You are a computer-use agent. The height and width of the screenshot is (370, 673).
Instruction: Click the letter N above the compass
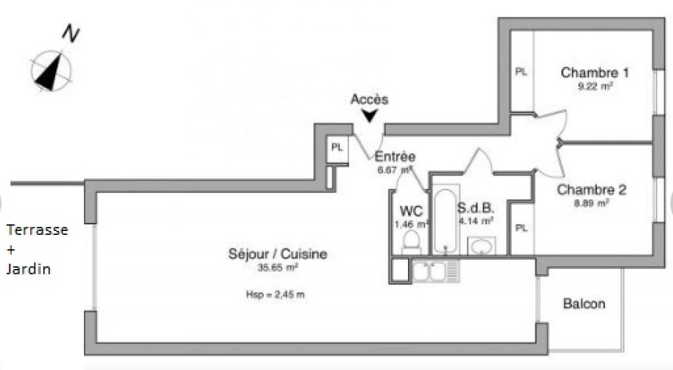(x=71, y=33)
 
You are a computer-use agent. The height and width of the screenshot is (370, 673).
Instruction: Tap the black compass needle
(x=49, y=73)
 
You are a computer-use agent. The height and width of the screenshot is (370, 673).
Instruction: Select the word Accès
(x=369, y=99)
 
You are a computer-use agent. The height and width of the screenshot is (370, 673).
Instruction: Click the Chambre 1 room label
(x=594, y=73)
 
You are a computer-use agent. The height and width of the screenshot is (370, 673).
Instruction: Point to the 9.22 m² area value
(x=595, y=87)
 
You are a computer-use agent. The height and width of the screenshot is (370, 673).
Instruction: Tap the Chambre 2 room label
(x=591, y=190)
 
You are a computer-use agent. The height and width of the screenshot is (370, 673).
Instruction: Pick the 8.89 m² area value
(x=591, y=203)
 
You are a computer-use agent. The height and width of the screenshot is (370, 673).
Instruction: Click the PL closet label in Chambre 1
(x=521, y=72)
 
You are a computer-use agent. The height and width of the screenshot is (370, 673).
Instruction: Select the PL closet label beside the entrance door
(x=337, y=147)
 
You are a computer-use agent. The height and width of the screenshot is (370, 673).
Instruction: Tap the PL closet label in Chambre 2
(x=521, y=228)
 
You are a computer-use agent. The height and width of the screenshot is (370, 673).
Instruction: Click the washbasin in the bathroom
(x=481, y=246)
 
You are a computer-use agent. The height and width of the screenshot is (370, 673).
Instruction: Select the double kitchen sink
(x=436, y=271)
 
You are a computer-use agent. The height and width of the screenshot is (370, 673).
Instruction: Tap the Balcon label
(x=584, y=303)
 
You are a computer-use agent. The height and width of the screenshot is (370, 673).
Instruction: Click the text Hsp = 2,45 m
(x=275, y=295)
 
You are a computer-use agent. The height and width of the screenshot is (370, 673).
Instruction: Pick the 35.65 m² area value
(x=278, y=267)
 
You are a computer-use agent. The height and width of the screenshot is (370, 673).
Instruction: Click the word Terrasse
(x=37, y=230)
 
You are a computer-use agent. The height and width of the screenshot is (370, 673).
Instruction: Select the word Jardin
(x=29, y=269)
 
